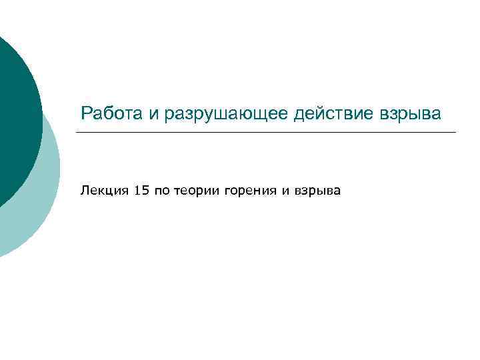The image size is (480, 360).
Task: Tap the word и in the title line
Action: (x=154, y=113)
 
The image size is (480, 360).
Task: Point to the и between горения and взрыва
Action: (x=285, y=192)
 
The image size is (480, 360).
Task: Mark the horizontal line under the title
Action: (x=267, y=132)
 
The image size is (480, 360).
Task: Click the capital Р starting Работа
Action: (x=85, y=113)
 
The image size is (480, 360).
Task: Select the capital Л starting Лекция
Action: (x=84, y=191)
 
